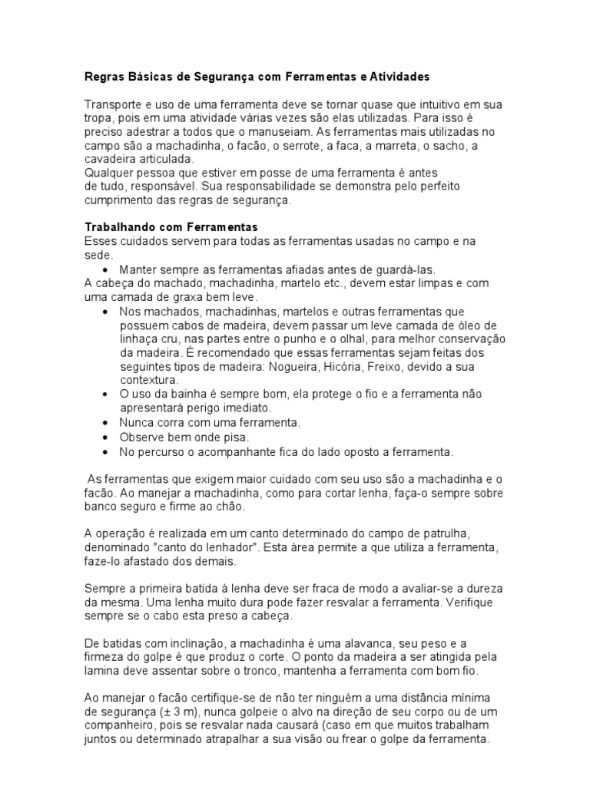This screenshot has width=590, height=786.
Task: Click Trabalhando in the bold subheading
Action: coord(119,228)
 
